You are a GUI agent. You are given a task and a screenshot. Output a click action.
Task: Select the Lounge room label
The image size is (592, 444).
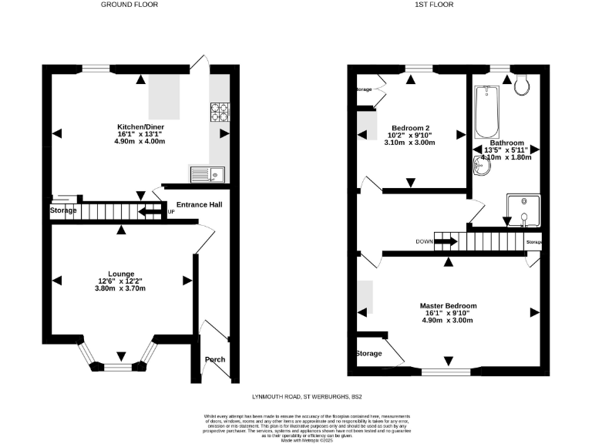tap(121, 274)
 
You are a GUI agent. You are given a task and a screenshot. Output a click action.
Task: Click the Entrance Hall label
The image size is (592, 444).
tap(199, 205)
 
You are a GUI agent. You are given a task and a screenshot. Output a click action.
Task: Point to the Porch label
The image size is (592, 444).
tap(215, 360)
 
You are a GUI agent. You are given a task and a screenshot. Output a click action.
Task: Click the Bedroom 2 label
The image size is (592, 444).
tap(410, 128)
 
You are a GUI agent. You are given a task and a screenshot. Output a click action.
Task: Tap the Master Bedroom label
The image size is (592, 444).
tap(448, 306)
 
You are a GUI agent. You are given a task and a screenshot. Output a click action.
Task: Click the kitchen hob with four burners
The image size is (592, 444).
tap(219, 113)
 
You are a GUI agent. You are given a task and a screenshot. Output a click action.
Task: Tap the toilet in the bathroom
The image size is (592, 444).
tap(522, 84)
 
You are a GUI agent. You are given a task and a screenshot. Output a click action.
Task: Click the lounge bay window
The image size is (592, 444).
tap(119, 362)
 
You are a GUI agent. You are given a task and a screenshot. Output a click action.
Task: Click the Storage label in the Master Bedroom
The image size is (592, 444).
tap(368, 354)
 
